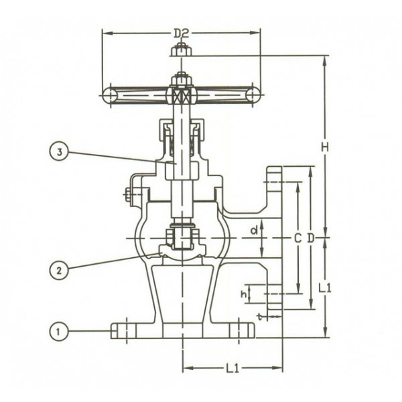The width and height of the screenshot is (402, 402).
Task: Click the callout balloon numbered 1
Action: coord(59,330)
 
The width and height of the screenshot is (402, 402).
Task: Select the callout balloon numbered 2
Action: coord(59,270)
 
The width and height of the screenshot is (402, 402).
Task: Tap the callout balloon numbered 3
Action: coord(59,152)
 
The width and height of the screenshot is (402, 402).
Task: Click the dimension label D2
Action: coord(181,32)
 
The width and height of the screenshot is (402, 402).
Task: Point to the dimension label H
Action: coord(324,146)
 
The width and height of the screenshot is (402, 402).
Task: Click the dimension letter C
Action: coord(297,238)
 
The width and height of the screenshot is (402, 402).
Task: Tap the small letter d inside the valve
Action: coord(253,230)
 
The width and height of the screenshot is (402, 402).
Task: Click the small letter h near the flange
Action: coord(244,293)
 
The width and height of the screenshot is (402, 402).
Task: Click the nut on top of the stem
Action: coord(182,50)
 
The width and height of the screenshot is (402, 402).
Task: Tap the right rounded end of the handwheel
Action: coord(253,95)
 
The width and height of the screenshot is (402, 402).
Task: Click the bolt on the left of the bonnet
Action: coord(128,195)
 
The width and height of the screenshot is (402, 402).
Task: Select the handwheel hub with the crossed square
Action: coord(182,94)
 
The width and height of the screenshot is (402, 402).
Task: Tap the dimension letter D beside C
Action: coord(310,238)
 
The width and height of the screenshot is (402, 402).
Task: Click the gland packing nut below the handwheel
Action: coord(182,130)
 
